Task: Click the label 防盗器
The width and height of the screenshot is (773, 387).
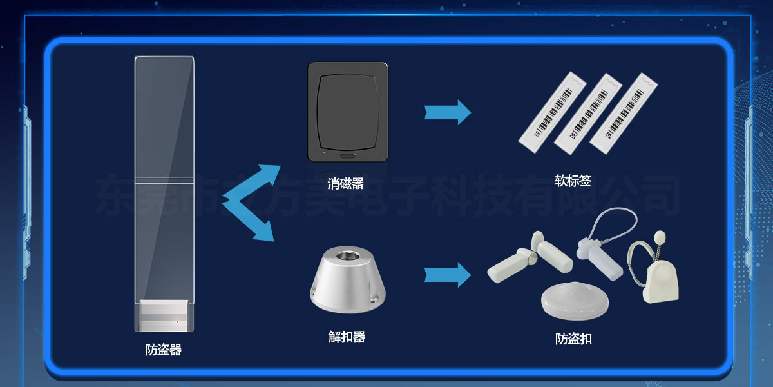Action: [163, 350]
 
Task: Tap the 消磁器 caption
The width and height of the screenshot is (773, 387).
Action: [346, 184]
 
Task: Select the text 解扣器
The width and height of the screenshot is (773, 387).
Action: [347, 337]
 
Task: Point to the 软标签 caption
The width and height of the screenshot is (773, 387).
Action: [573, 181]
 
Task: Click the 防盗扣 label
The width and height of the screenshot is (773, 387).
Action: [573, 339]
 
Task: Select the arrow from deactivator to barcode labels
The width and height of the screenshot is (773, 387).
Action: [447, 112]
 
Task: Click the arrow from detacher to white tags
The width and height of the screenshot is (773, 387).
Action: [447, 275]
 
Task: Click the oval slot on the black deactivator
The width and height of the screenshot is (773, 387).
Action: [347, 155]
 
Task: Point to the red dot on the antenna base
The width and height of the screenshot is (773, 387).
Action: [177, 321]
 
